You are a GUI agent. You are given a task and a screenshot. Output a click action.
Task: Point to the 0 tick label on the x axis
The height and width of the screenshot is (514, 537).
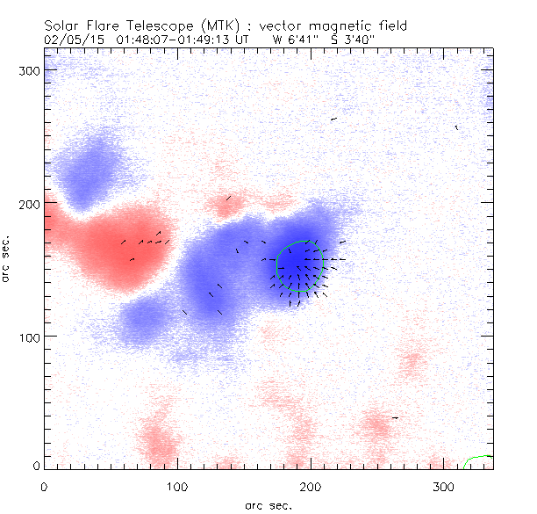(44, 485)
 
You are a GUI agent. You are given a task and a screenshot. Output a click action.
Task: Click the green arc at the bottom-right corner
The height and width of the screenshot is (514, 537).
(479, 460)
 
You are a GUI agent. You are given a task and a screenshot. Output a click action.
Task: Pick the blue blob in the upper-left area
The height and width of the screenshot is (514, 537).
(88, 167)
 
